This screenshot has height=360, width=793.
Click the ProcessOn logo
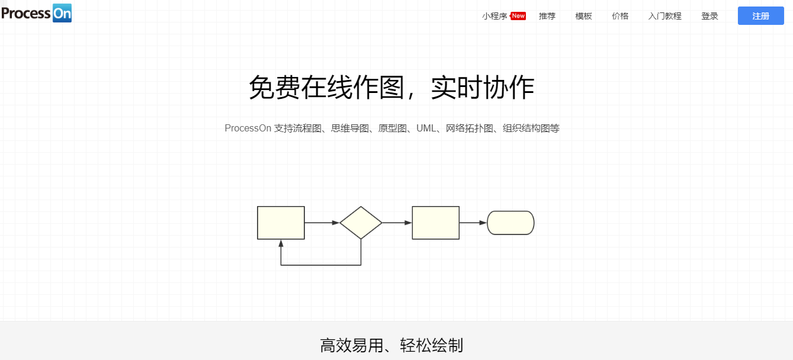(36, 12)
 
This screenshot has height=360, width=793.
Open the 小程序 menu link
(495, 16)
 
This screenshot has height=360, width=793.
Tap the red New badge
(518, 16)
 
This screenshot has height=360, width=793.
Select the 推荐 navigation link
(547, 16)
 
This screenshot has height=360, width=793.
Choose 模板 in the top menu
(583, 16)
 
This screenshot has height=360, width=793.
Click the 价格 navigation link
(620, 16)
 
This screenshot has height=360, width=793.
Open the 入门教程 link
(664, 16)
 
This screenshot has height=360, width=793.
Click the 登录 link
(709, 16)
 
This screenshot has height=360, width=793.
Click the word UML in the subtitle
(426, 128)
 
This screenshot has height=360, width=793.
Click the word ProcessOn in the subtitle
(248, 128)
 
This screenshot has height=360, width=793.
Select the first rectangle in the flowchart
(281, 223)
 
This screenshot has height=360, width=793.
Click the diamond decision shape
(361, 223)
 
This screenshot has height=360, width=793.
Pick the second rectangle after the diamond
(435, 223)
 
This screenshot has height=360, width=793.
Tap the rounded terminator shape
(511, 223)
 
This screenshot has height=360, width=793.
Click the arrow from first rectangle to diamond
(322, 223)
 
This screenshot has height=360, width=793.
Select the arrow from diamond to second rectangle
(397, 223)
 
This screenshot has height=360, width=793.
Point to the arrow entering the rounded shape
(473, 223)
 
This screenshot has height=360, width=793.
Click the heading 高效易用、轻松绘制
(391, 345)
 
